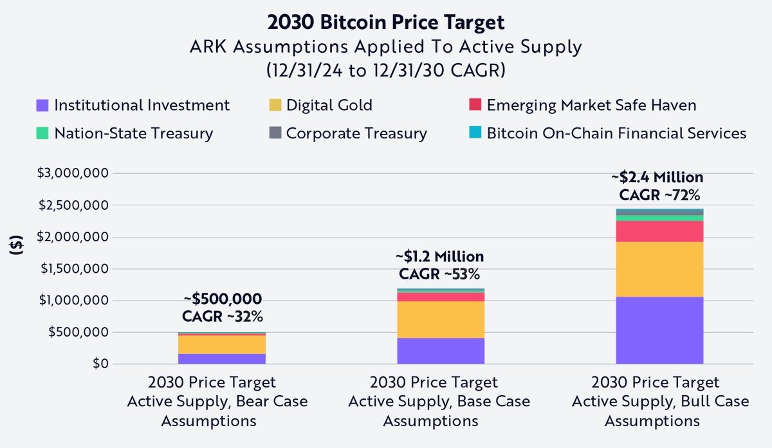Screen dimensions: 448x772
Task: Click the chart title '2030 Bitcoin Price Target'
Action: pos(385,22)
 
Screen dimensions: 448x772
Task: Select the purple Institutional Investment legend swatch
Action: pos(43,105)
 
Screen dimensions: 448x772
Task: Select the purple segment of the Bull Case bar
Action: pos(659,330)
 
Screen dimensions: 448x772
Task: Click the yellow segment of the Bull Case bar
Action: pos(659,269)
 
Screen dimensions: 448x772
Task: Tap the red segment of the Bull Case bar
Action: pos(659,231)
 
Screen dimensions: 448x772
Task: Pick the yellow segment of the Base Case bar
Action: pos(441,319)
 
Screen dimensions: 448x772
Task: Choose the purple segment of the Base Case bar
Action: pos(441,351)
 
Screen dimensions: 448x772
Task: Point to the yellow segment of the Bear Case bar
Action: pos(222,344)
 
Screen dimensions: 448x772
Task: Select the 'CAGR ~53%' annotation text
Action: pos(440,274)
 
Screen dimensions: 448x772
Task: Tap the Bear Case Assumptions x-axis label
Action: pos(217,402)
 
